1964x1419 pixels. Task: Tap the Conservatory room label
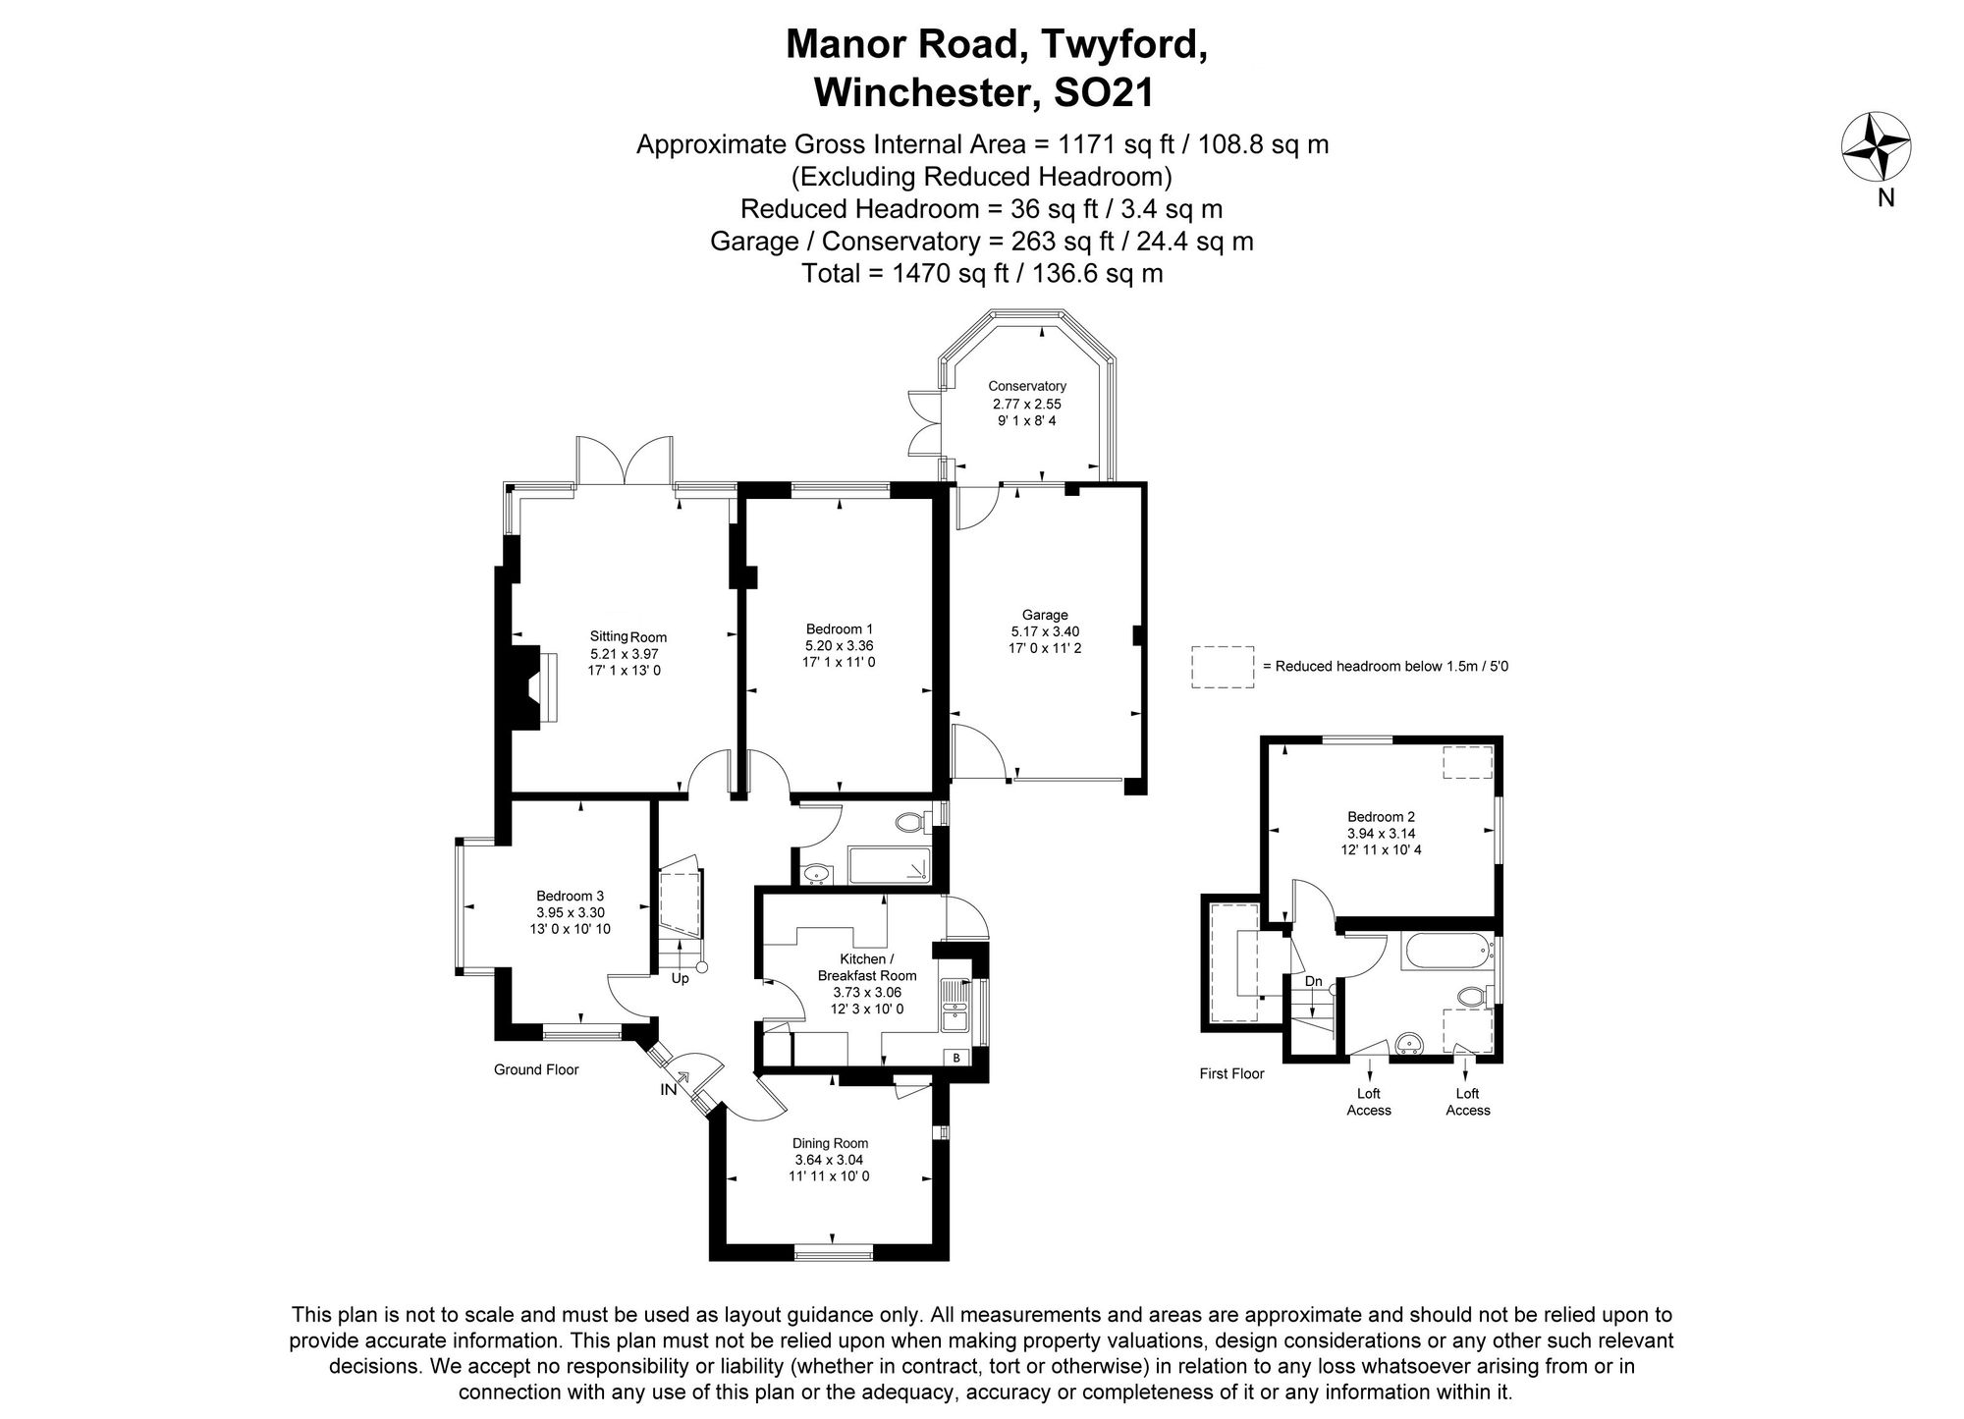click(1026, 386)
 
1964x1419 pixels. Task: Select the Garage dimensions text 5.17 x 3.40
click(1045, 631)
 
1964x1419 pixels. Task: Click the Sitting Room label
click(627, 636)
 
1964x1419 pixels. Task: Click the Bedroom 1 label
click(839, 628)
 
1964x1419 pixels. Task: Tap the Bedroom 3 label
click(570, 896)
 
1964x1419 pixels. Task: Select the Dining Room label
click(830, 1143)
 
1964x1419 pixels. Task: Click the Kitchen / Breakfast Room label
click(866, 967)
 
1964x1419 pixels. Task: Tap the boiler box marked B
click(955, 1058)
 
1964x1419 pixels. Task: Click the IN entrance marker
click(669, 1089)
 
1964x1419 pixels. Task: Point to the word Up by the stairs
click(680, 978)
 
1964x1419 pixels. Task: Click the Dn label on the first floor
click(1313, 981)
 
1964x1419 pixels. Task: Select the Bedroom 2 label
click(1381, 816)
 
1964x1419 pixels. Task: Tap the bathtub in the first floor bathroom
click(1443, 952)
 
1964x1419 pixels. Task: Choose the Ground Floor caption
click(536, 1069)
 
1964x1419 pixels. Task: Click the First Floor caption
click(1231, 1073)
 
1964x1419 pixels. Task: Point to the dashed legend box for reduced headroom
click(1223, 667)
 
